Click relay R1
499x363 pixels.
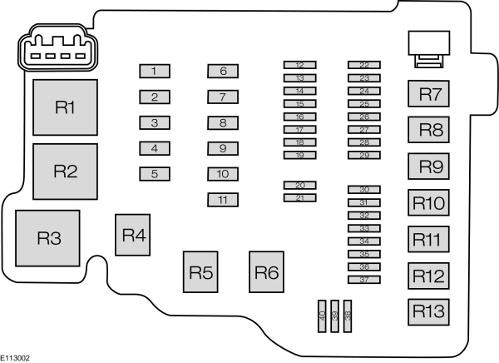(65, 107)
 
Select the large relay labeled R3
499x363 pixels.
(49, 238)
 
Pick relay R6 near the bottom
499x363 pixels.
(267, 271)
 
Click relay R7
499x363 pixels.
(429, 94)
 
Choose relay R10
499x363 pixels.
(429, 203)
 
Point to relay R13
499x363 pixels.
(429, 311)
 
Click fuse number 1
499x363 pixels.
(155, 71)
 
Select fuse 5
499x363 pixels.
(155, 174)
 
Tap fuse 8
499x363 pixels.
(223, 122)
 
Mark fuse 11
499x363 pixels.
(223, 200)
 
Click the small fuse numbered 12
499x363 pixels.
(299, 65)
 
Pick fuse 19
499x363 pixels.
(299, 156)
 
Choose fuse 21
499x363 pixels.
(299, 198)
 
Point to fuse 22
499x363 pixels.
(364, 65)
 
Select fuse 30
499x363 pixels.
(364, 190)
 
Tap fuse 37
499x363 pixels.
(364, 280)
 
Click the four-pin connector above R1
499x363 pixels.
(54, 52)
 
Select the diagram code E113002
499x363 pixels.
(16, 356)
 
